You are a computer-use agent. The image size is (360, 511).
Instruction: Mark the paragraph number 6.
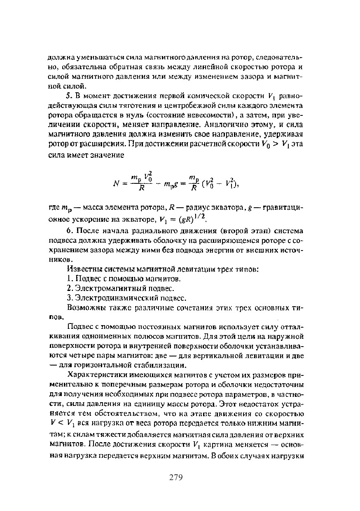click(x=69, y=231)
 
